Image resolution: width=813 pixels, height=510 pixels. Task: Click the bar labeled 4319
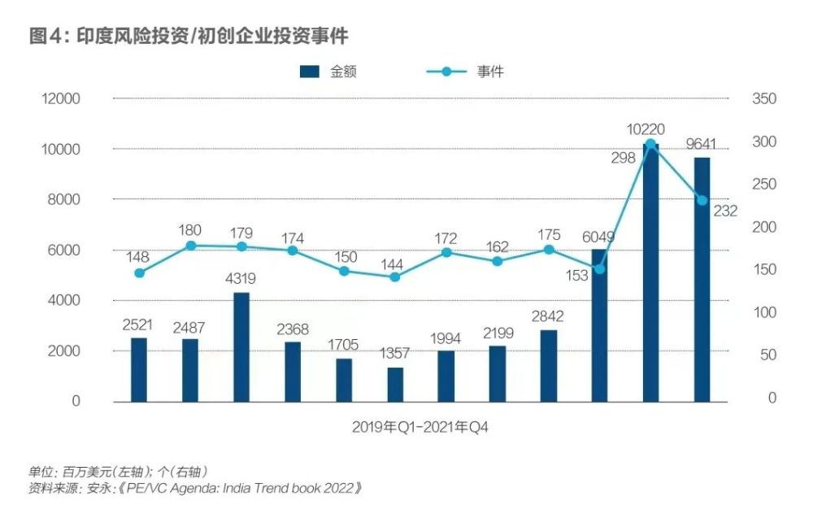[241, 347]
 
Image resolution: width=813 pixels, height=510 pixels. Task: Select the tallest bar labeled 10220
[650, 272]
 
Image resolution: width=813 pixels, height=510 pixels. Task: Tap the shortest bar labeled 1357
[395, 385]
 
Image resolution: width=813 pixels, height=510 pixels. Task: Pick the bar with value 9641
[702, 279]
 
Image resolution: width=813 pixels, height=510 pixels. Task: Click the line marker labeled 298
[650, 144]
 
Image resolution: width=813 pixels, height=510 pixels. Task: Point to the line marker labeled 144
[395, 277]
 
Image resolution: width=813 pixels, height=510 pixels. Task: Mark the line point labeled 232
[702, 200]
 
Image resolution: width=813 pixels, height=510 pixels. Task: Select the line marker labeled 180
[190, 245]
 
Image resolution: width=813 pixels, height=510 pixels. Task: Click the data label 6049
[598, 237]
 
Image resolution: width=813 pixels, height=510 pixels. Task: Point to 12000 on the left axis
[61, 98]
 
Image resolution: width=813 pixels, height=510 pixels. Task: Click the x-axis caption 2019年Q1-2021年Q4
[420, 426]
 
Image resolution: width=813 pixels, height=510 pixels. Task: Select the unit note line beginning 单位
[118, 472]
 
